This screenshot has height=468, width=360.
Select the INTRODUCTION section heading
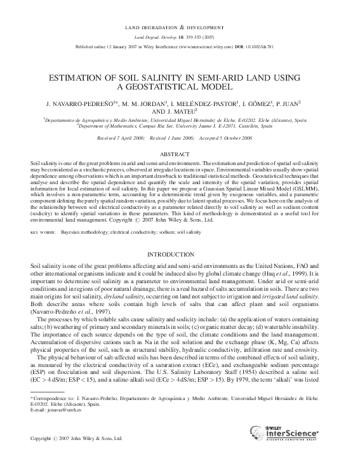click(x=180, y=254)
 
